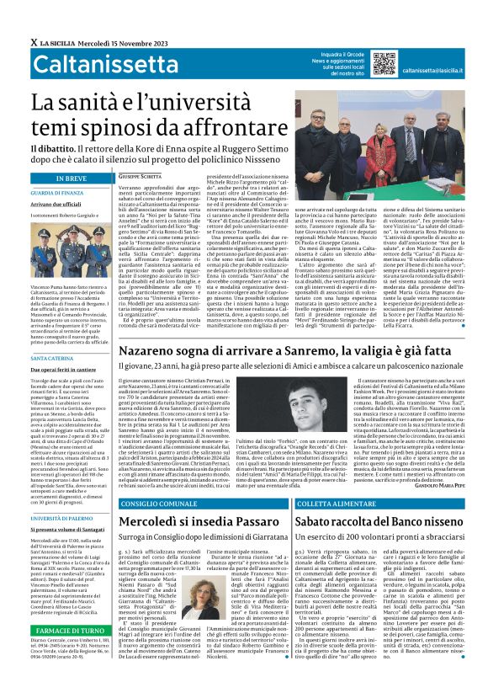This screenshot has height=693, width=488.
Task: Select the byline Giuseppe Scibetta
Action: pyautogui.click(x=139, y=175)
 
